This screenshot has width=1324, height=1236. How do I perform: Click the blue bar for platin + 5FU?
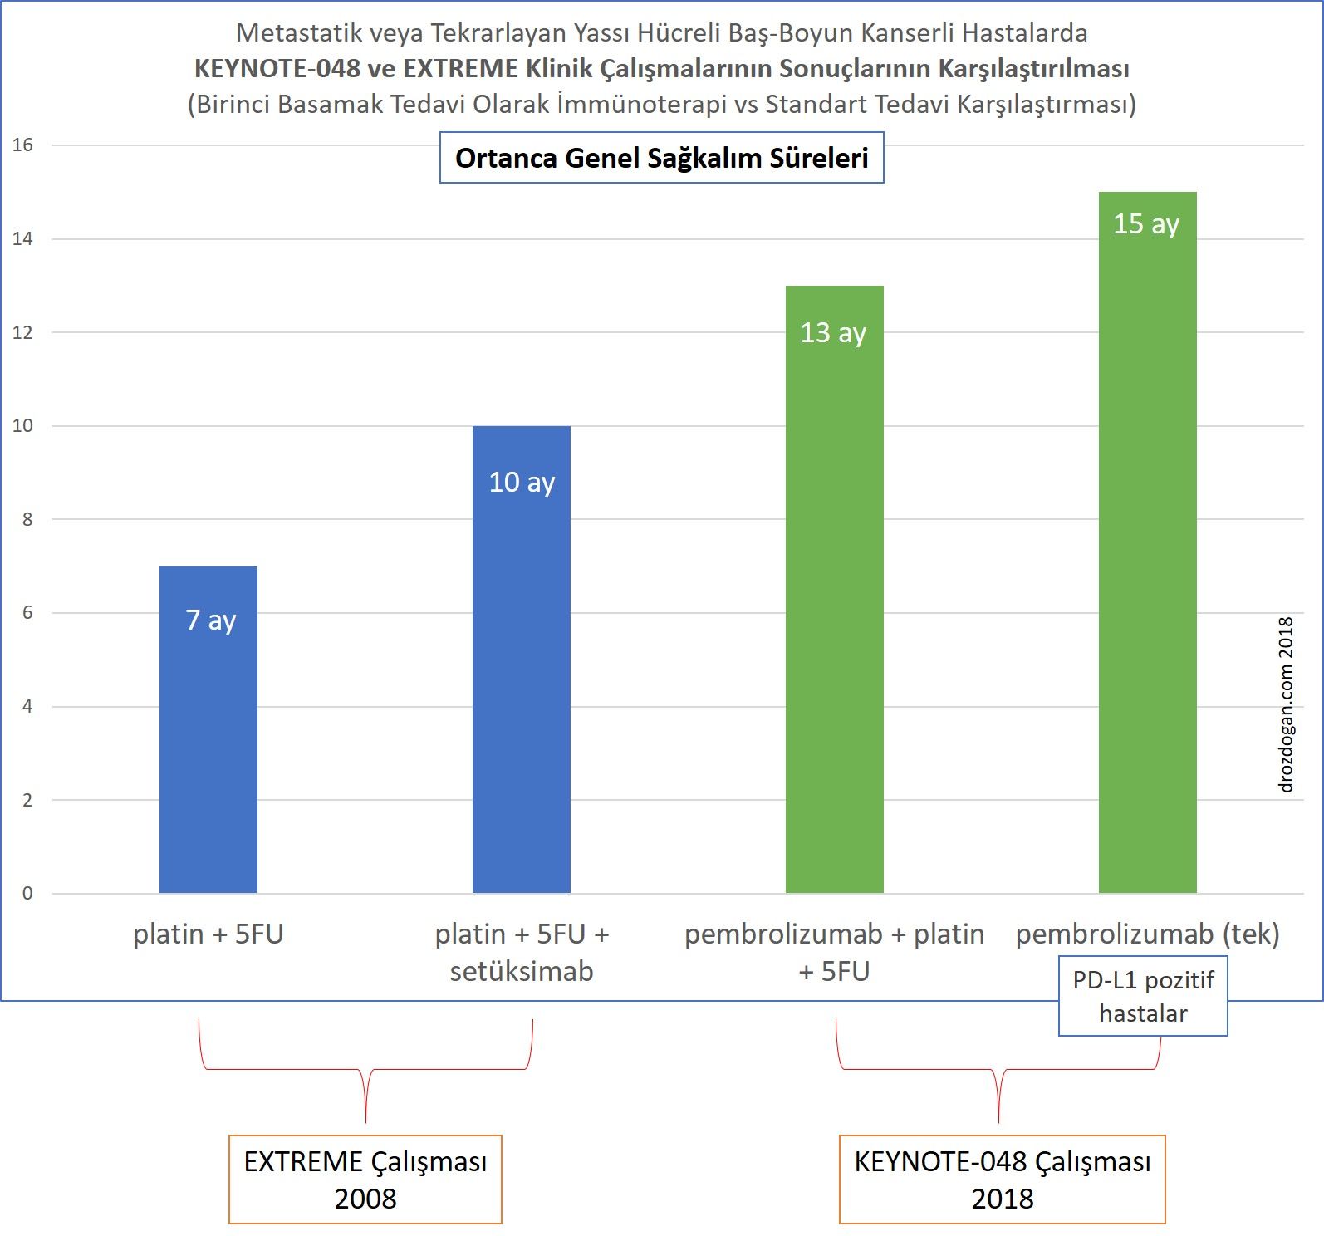(208, 748)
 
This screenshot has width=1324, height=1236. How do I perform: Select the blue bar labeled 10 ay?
(522, 681)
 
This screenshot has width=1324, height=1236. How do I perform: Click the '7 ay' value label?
(211, 620)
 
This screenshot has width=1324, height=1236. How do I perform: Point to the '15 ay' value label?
(1146, 223)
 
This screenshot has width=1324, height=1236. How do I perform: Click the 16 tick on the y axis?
(22, 145)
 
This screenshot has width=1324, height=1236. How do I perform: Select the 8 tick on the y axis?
(27, 520)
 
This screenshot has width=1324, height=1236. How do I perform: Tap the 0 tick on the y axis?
(27, 894)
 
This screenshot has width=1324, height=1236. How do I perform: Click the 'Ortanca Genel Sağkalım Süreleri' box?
(661, 158)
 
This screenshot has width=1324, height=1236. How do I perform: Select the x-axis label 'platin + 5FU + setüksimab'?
(522, 952)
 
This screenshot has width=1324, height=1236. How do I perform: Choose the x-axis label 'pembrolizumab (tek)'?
(1147, 934)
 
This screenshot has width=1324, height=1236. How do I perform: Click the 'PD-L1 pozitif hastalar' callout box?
(1143, 997)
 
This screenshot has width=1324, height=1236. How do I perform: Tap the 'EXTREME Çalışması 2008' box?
(365, 1180)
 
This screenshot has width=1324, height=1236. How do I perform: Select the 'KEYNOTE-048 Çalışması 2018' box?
(1002, 1180)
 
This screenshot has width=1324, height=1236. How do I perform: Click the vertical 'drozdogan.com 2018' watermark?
(1286, 704)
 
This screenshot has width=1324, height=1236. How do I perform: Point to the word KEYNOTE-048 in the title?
(277, 68)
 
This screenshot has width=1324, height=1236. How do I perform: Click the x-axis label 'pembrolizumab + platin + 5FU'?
(834, 952)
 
